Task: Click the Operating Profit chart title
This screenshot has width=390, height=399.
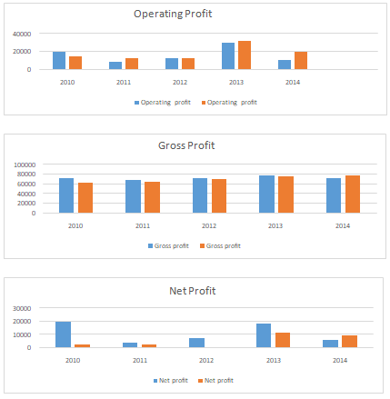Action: pos(173,14)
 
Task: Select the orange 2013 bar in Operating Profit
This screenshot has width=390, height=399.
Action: pos(245,55)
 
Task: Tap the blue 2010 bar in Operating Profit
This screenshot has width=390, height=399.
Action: pos(59,61)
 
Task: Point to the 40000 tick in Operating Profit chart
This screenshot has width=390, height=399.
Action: pos(22,34)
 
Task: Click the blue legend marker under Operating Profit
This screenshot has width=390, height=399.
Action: pos(136,103)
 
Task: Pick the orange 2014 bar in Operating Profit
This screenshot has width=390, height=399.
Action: pos(301,61)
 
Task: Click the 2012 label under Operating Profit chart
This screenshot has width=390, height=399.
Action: pos(180,82)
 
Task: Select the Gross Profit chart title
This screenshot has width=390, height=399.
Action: pos(186,145)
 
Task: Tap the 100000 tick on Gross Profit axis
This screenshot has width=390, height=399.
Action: pos(25,165)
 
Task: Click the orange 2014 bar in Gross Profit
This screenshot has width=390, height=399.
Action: pos(353,195)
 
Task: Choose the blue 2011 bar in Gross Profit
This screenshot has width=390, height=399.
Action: pos(133,196)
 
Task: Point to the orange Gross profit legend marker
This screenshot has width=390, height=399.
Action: pos(202,246)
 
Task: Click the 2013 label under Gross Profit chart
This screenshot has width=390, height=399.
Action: pos(275,225)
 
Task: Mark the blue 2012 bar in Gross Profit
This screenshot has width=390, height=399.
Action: pos(200,195)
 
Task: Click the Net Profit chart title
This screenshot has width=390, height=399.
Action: pos(193,291)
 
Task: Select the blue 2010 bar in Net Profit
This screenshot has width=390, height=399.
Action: pos(63,334)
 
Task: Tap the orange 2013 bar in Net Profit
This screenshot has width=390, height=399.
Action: pos(283,340)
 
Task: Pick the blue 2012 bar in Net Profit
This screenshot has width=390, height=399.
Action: pos(197,343)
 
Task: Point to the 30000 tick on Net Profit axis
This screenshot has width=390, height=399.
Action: pos(22,308)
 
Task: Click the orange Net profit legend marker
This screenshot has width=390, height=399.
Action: pos(200,381)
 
